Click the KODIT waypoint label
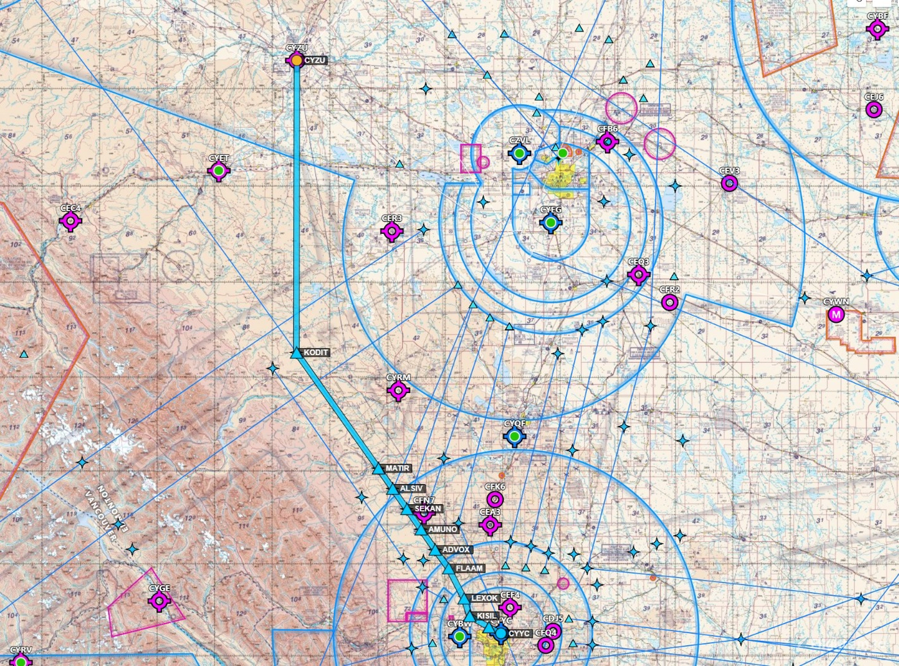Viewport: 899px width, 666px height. (316, 353)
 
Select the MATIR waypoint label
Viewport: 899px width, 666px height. (397, 468)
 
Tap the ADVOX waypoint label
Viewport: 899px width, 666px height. (456, 550)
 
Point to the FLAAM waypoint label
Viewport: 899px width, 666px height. (469, 568)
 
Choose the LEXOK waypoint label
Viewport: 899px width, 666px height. (484, 598)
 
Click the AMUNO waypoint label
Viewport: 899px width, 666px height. (442, 529)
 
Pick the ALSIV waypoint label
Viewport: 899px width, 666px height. (411, 489)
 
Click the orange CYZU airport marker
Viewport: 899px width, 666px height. (296, 60)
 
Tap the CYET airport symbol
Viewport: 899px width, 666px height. (219, 171)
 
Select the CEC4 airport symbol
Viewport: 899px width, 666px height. (71, 222)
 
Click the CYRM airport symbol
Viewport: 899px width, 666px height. (398, 390)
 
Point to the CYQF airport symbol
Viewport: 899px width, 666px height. (514, 437)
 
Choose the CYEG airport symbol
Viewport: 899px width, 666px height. (550, 223)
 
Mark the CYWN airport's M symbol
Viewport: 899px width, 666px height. (835, 315)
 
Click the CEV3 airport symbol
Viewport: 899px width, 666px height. (729, 184)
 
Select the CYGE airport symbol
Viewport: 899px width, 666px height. (159, 602)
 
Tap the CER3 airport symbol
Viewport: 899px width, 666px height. (392, 232)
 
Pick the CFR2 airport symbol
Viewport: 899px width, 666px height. (670, 302)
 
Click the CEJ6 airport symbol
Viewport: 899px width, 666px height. (873, 110)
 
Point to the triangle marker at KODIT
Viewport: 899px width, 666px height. (296, 353)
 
